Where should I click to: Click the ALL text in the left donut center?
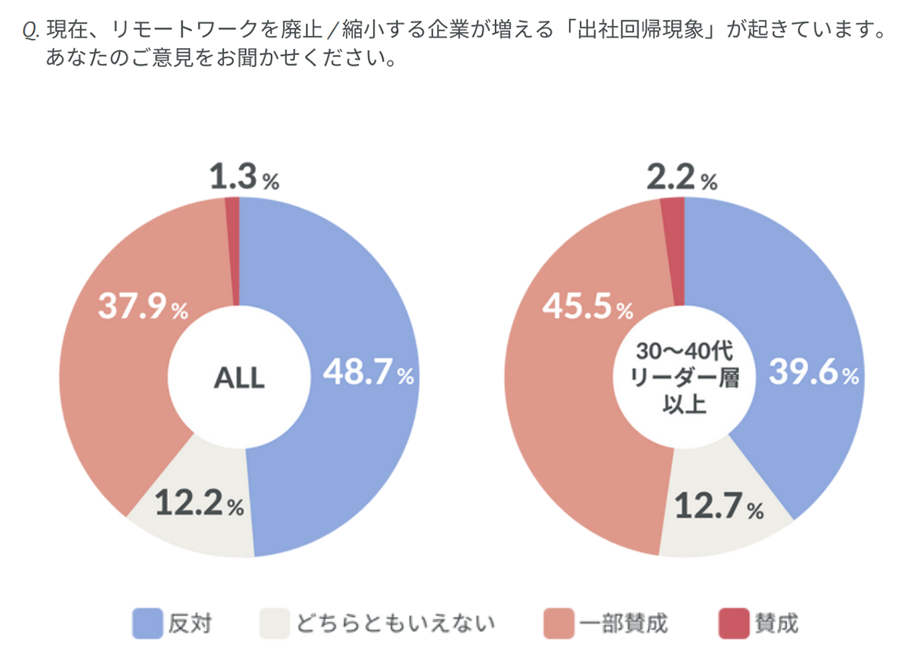point(238,377)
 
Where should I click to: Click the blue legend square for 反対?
point(147,623)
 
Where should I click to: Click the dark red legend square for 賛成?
point(733,623)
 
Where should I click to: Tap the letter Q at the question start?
point(30,33)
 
